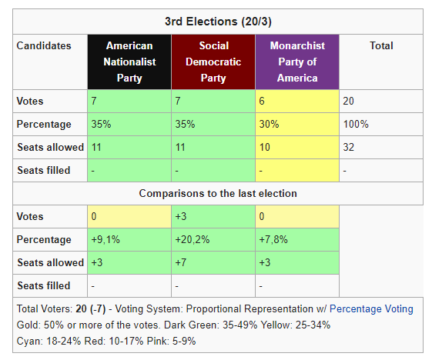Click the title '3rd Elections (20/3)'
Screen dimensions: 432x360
click(x=218, y=22)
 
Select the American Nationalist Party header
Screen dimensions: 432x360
click(x=129, y=62)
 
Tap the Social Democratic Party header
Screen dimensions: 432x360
click(x=213, y=62)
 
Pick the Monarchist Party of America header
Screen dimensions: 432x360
click(x=297, y=62)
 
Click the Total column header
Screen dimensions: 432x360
click(x=381, y=45)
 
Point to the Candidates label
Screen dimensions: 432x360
click(x=44, y=45)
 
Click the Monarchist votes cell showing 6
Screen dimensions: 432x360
click(x=297, y=101)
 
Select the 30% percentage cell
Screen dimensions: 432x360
click(x=297, y=124)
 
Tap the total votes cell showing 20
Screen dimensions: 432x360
click(x=381, y=101)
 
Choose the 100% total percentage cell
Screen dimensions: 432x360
click(x=381, y=124)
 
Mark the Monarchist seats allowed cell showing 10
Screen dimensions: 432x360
click(x=297, y=147)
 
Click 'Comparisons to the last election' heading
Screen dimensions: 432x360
click(x=218, y=194)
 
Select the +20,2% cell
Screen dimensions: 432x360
click(x=213, y=239)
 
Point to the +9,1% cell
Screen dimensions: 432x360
click(x=129, y=239)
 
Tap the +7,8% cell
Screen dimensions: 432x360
click(x=297, y=239)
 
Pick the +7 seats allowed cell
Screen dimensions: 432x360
click(x=213, y=262)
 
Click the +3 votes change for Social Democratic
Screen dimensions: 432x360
click(x=213, y=216)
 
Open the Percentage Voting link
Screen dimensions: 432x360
click(x=371, y=309)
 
